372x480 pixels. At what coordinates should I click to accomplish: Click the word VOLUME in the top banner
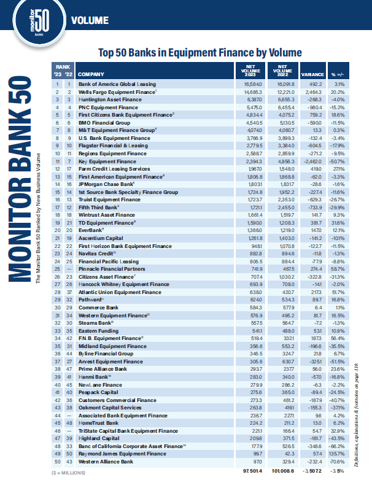click(91, 21)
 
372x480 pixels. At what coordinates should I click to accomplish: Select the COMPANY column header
click(91, 73)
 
